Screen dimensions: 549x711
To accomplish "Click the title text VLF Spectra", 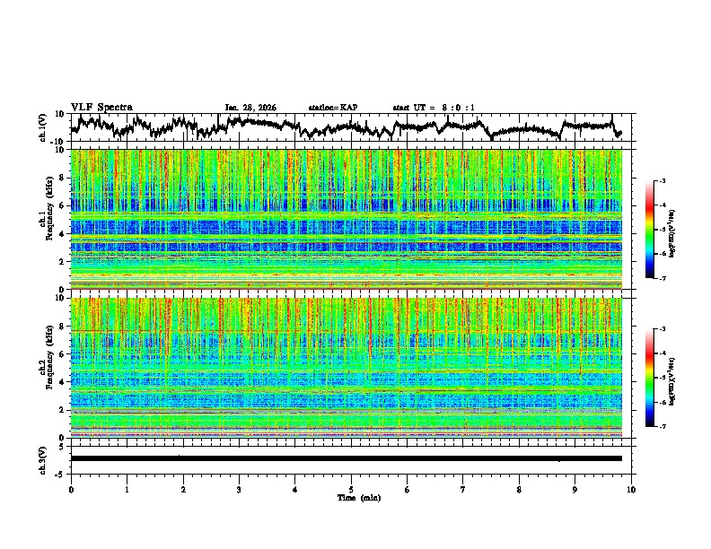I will pos(101,107).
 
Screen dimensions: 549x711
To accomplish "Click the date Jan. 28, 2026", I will pos(250,108).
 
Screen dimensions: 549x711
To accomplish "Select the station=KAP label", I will pos(332,108).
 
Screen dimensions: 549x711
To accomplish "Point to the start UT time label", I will pos(434,108).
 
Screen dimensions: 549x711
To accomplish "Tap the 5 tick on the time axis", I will pos(351,490).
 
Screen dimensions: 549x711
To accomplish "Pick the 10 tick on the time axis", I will pos(631,490).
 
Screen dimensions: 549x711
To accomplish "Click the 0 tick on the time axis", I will pos(71,490).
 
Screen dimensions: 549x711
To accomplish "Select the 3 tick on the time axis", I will pos(239,490).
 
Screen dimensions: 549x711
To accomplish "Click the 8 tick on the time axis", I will pos(519,490).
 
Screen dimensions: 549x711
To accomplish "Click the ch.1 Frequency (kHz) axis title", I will pos(46,220).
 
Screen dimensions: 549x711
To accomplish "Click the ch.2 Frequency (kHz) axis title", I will pos(46,368).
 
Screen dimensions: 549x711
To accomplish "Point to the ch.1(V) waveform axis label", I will pos(43,127).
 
